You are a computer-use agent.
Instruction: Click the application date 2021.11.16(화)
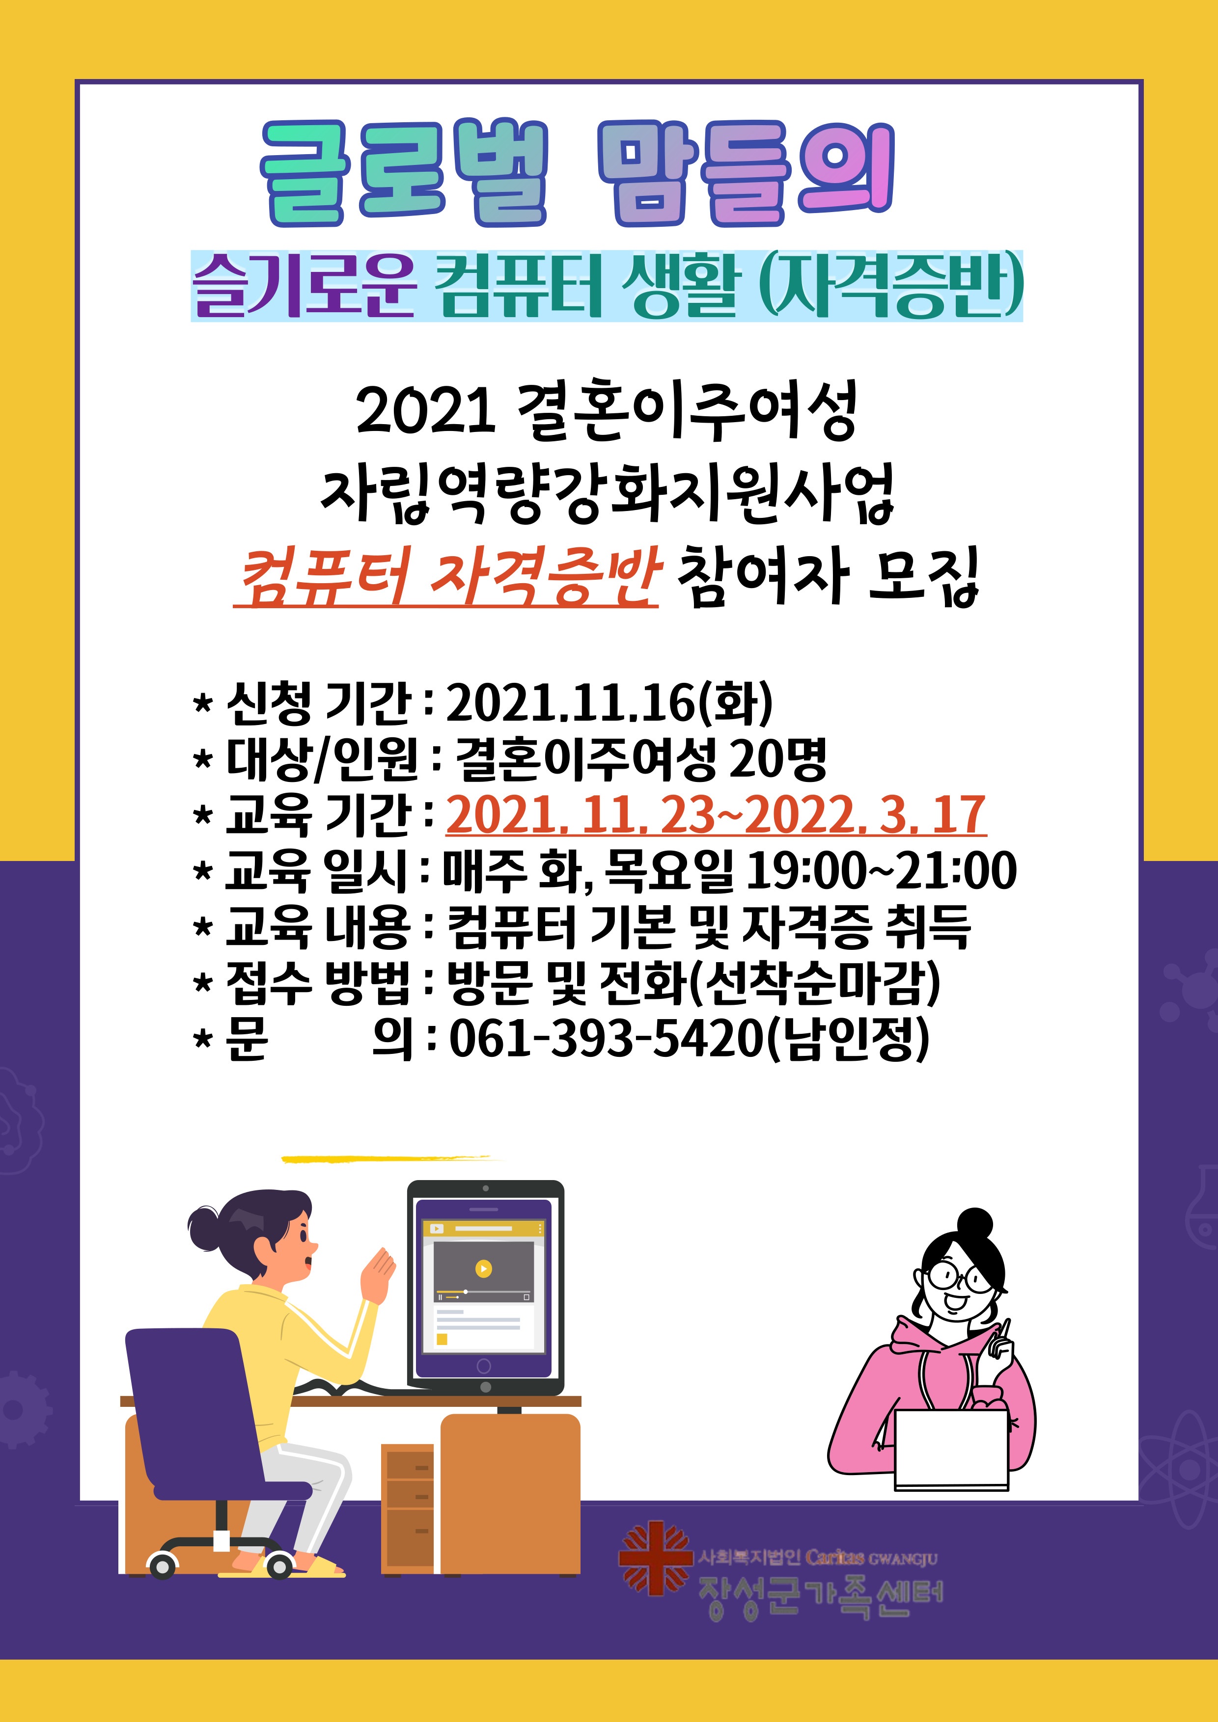coord(609,703)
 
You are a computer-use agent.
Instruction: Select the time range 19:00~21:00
coord(882,871)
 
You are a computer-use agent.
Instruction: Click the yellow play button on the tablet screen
coord(483,1268)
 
